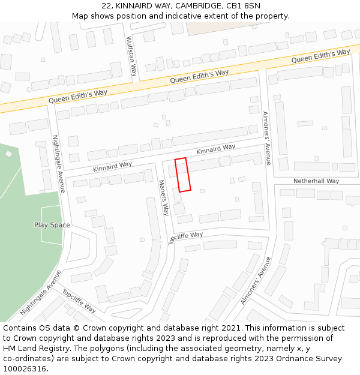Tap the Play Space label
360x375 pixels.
tap(52, 225)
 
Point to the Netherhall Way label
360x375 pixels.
tap(316, 181)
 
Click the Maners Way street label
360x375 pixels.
tap(164, 197)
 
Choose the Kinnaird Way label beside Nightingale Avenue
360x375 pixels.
tap(112, 166)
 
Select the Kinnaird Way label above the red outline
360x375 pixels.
tap(215, 149)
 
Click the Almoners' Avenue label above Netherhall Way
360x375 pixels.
tap(267, 138)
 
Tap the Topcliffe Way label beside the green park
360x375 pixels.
tap(79, 301)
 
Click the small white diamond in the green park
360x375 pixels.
tap(8, 154)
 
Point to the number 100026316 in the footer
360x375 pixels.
tap(25, 368)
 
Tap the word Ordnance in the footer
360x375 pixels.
tap(297, 359)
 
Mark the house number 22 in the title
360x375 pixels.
tap(106, 5)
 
